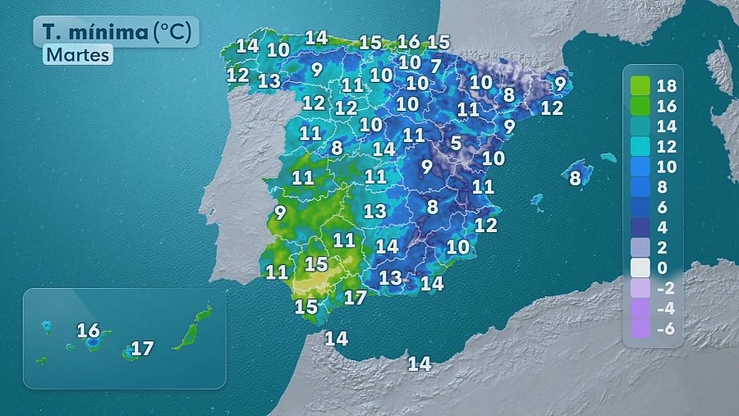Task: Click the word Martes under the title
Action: pyautogui.click(x=78, y=56)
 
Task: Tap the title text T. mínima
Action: pyautogui.click(x=96, y=32)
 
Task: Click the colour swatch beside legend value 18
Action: pyautogui.click(x=640, y=86)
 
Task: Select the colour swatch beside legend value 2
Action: pyautogui.click(x=640, y=248)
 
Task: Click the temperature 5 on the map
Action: pyautogui.click(x=456, y=143)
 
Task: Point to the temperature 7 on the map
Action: pyautogui.click(x=436, y=66)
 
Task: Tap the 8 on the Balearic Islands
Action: pyautogui.click(x=576, y=176)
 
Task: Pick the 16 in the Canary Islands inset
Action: pyautogui.click(x=88, y=331)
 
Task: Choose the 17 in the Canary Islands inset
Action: pyautogui.click(x=142, y=349)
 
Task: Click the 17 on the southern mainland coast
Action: pyautogui.click(x=355, y=298)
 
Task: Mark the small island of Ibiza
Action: pyautogui.click(x=536, y=199)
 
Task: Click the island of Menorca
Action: pyautogui.click(x=608, y=157)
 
